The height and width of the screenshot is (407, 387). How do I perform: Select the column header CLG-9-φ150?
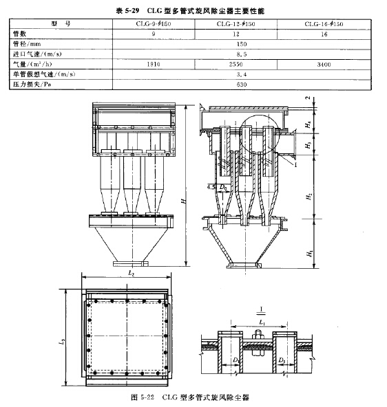click(153, 23)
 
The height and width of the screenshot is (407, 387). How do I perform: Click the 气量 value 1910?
click(153, 63)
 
